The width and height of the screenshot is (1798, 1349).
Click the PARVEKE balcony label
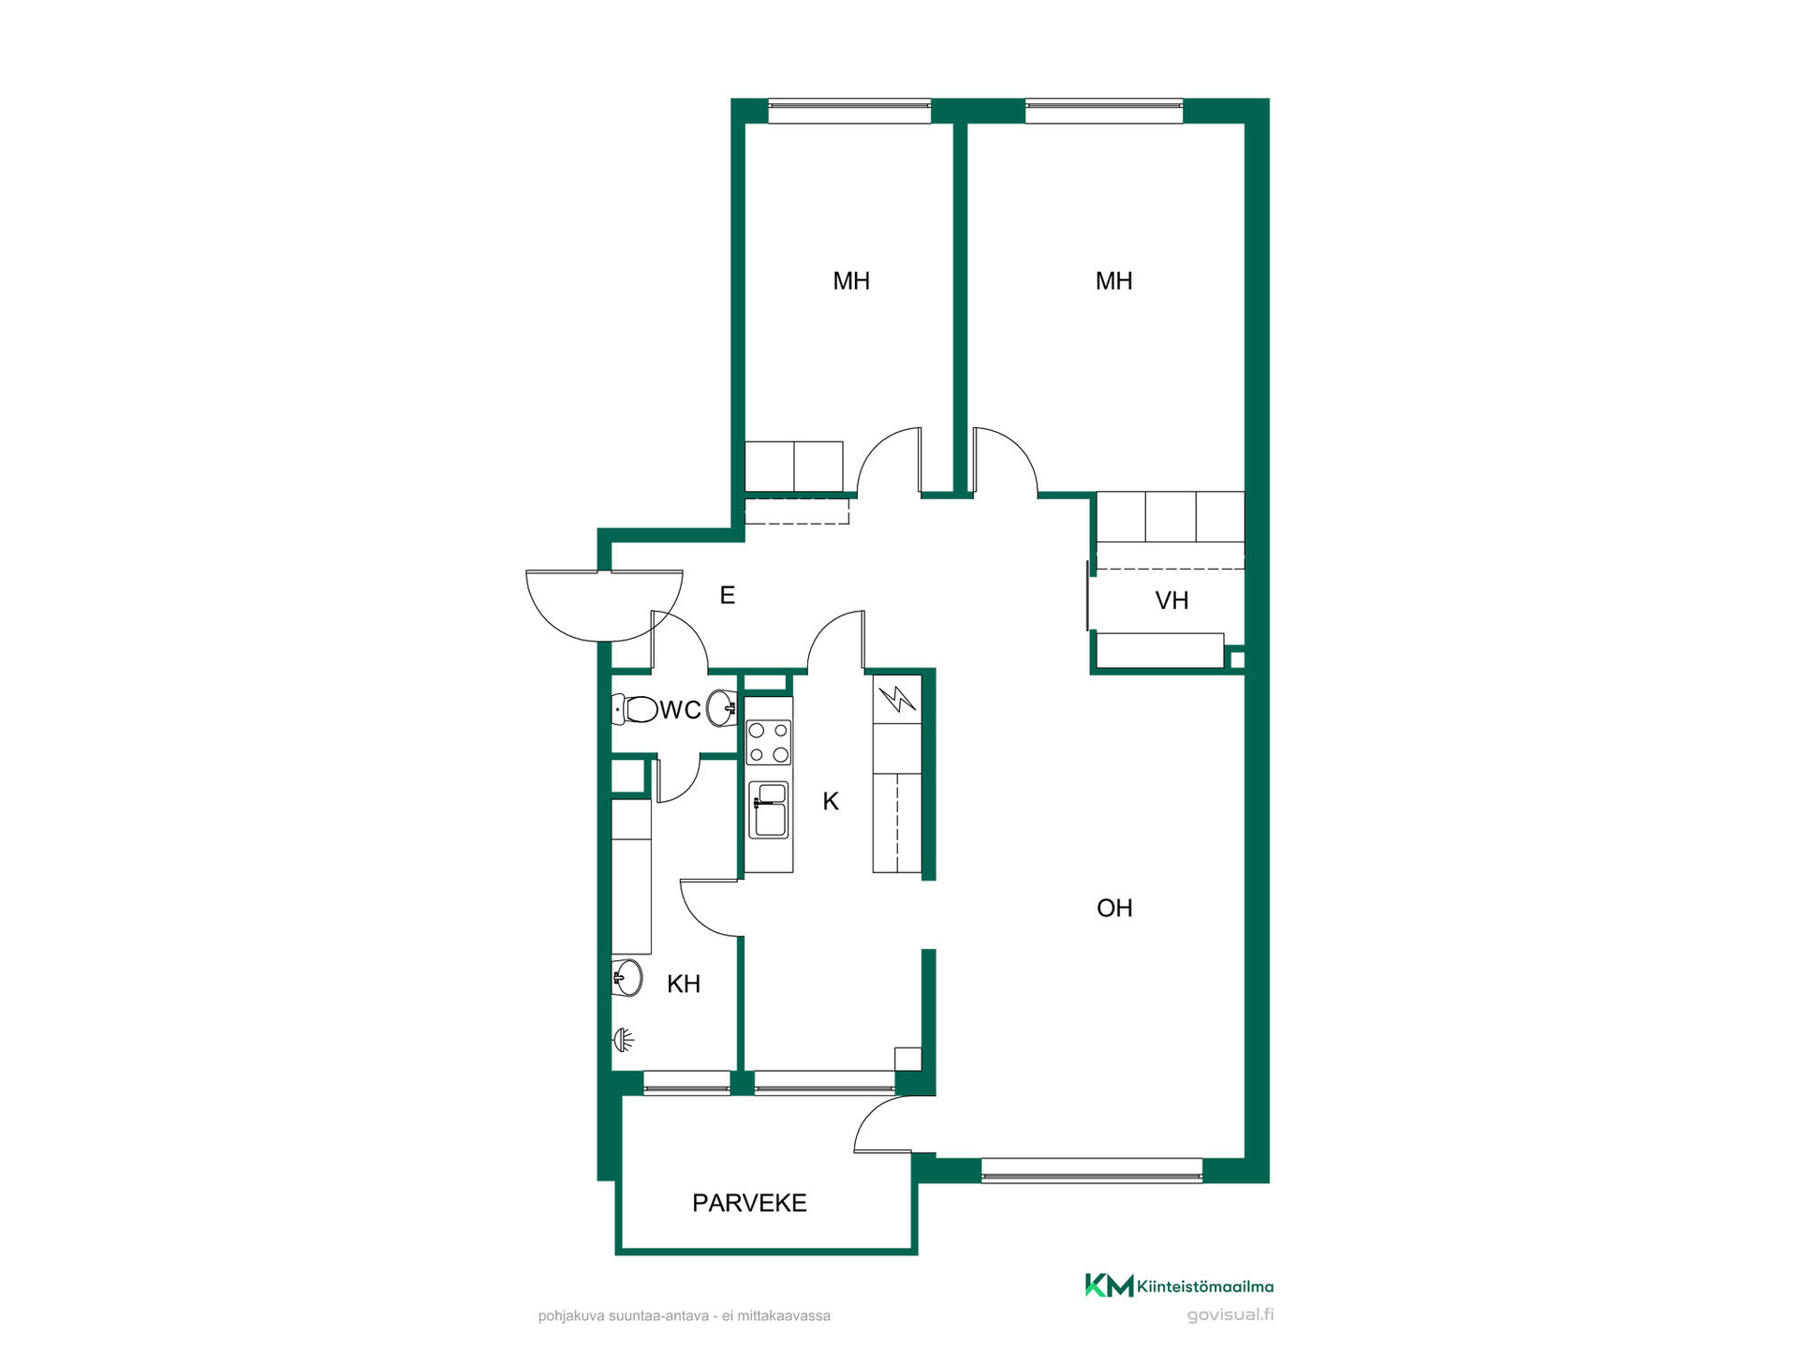tap(749, 1203)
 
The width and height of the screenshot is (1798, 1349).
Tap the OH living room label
tap(1114, 908)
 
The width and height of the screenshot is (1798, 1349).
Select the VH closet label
tap(1172, 600)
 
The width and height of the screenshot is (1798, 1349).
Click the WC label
tap(681, 710)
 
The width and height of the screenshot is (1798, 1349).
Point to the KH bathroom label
tap(684, 984)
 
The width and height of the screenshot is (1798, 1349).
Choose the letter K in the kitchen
tap(831, 801)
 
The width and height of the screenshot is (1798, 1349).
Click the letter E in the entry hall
tap(728, 595)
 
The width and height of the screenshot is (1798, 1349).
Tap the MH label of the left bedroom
tap(851, 281)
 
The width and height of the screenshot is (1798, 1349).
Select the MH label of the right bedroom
tap(1113, 281)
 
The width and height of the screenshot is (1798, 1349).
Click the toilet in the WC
tap(634, 709)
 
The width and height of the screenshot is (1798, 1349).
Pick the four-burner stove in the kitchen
tap(768, 742)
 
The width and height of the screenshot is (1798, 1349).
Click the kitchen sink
tap(768, 809)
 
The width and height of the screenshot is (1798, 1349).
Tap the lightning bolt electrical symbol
tap(897, 699)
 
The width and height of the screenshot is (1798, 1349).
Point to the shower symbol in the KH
tap(625, 1039)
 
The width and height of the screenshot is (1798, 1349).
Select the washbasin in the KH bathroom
tap(627, 978)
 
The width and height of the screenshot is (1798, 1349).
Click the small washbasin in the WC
tap(722, 708)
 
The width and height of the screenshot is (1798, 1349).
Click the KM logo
tap(1109, 1285)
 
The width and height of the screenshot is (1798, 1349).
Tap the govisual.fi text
tap(1231, 1314)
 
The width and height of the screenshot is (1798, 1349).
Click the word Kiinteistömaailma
tap(1205, 1287)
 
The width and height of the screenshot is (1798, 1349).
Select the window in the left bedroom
tap(849, 111)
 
